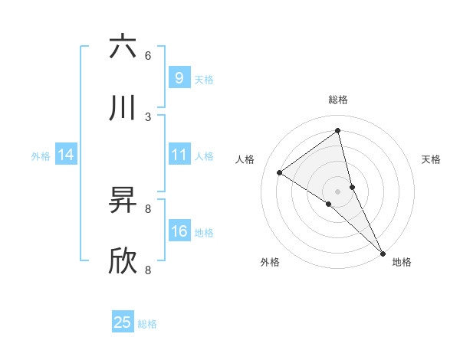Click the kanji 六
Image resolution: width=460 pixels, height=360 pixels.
tap(123, 47)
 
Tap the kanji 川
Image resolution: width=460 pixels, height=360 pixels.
tap(123, 108)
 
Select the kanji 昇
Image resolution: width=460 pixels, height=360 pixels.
tap(123, 201)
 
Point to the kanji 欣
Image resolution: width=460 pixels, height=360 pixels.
tap(123, 261)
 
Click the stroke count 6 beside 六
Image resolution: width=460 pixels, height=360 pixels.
tap(148, 55)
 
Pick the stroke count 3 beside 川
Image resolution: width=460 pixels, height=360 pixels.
tap(148, 116)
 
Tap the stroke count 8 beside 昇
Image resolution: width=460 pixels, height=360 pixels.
tap(148, 208)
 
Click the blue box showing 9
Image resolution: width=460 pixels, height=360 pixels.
tap(179, 77)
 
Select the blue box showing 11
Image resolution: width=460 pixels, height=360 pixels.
tap(179, 155)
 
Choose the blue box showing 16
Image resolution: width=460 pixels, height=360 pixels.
tap(179, 231)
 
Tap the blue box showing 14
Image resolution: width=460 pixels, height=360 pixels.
tap(66, 155)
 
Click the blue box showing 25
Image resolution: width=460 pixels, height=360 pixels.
tap(123, 322)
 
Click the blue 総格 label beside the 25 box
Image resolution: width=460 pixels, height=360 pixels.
tap(147, 324)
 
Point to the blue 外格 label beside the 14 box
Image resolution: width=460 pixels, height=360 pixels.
tap(41, 156)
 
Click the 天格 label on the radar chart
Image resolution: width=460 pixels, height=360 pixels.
tap(431, 159)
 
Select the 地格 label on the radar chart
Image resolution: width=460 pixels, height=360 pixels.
tap(402, 262)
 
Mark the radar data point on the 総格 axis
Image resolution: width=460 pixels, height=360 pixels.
tap(338, 131)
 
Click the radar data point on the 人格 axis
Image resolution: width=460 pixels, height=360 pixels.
tap(279, 172)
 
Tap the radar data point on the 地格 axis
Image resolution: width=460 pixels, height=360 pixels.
tap(383, 252)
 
